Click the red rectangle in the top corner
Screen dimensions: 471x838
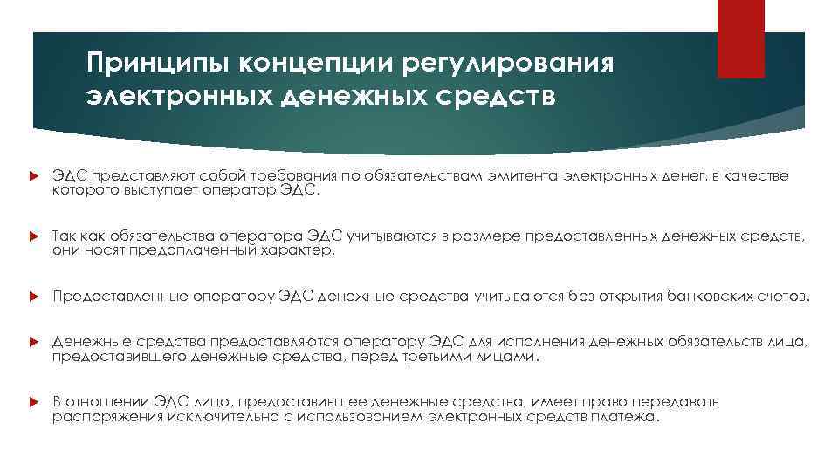(740, 38)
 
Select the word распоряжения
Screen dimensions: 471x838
(98, 417)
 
